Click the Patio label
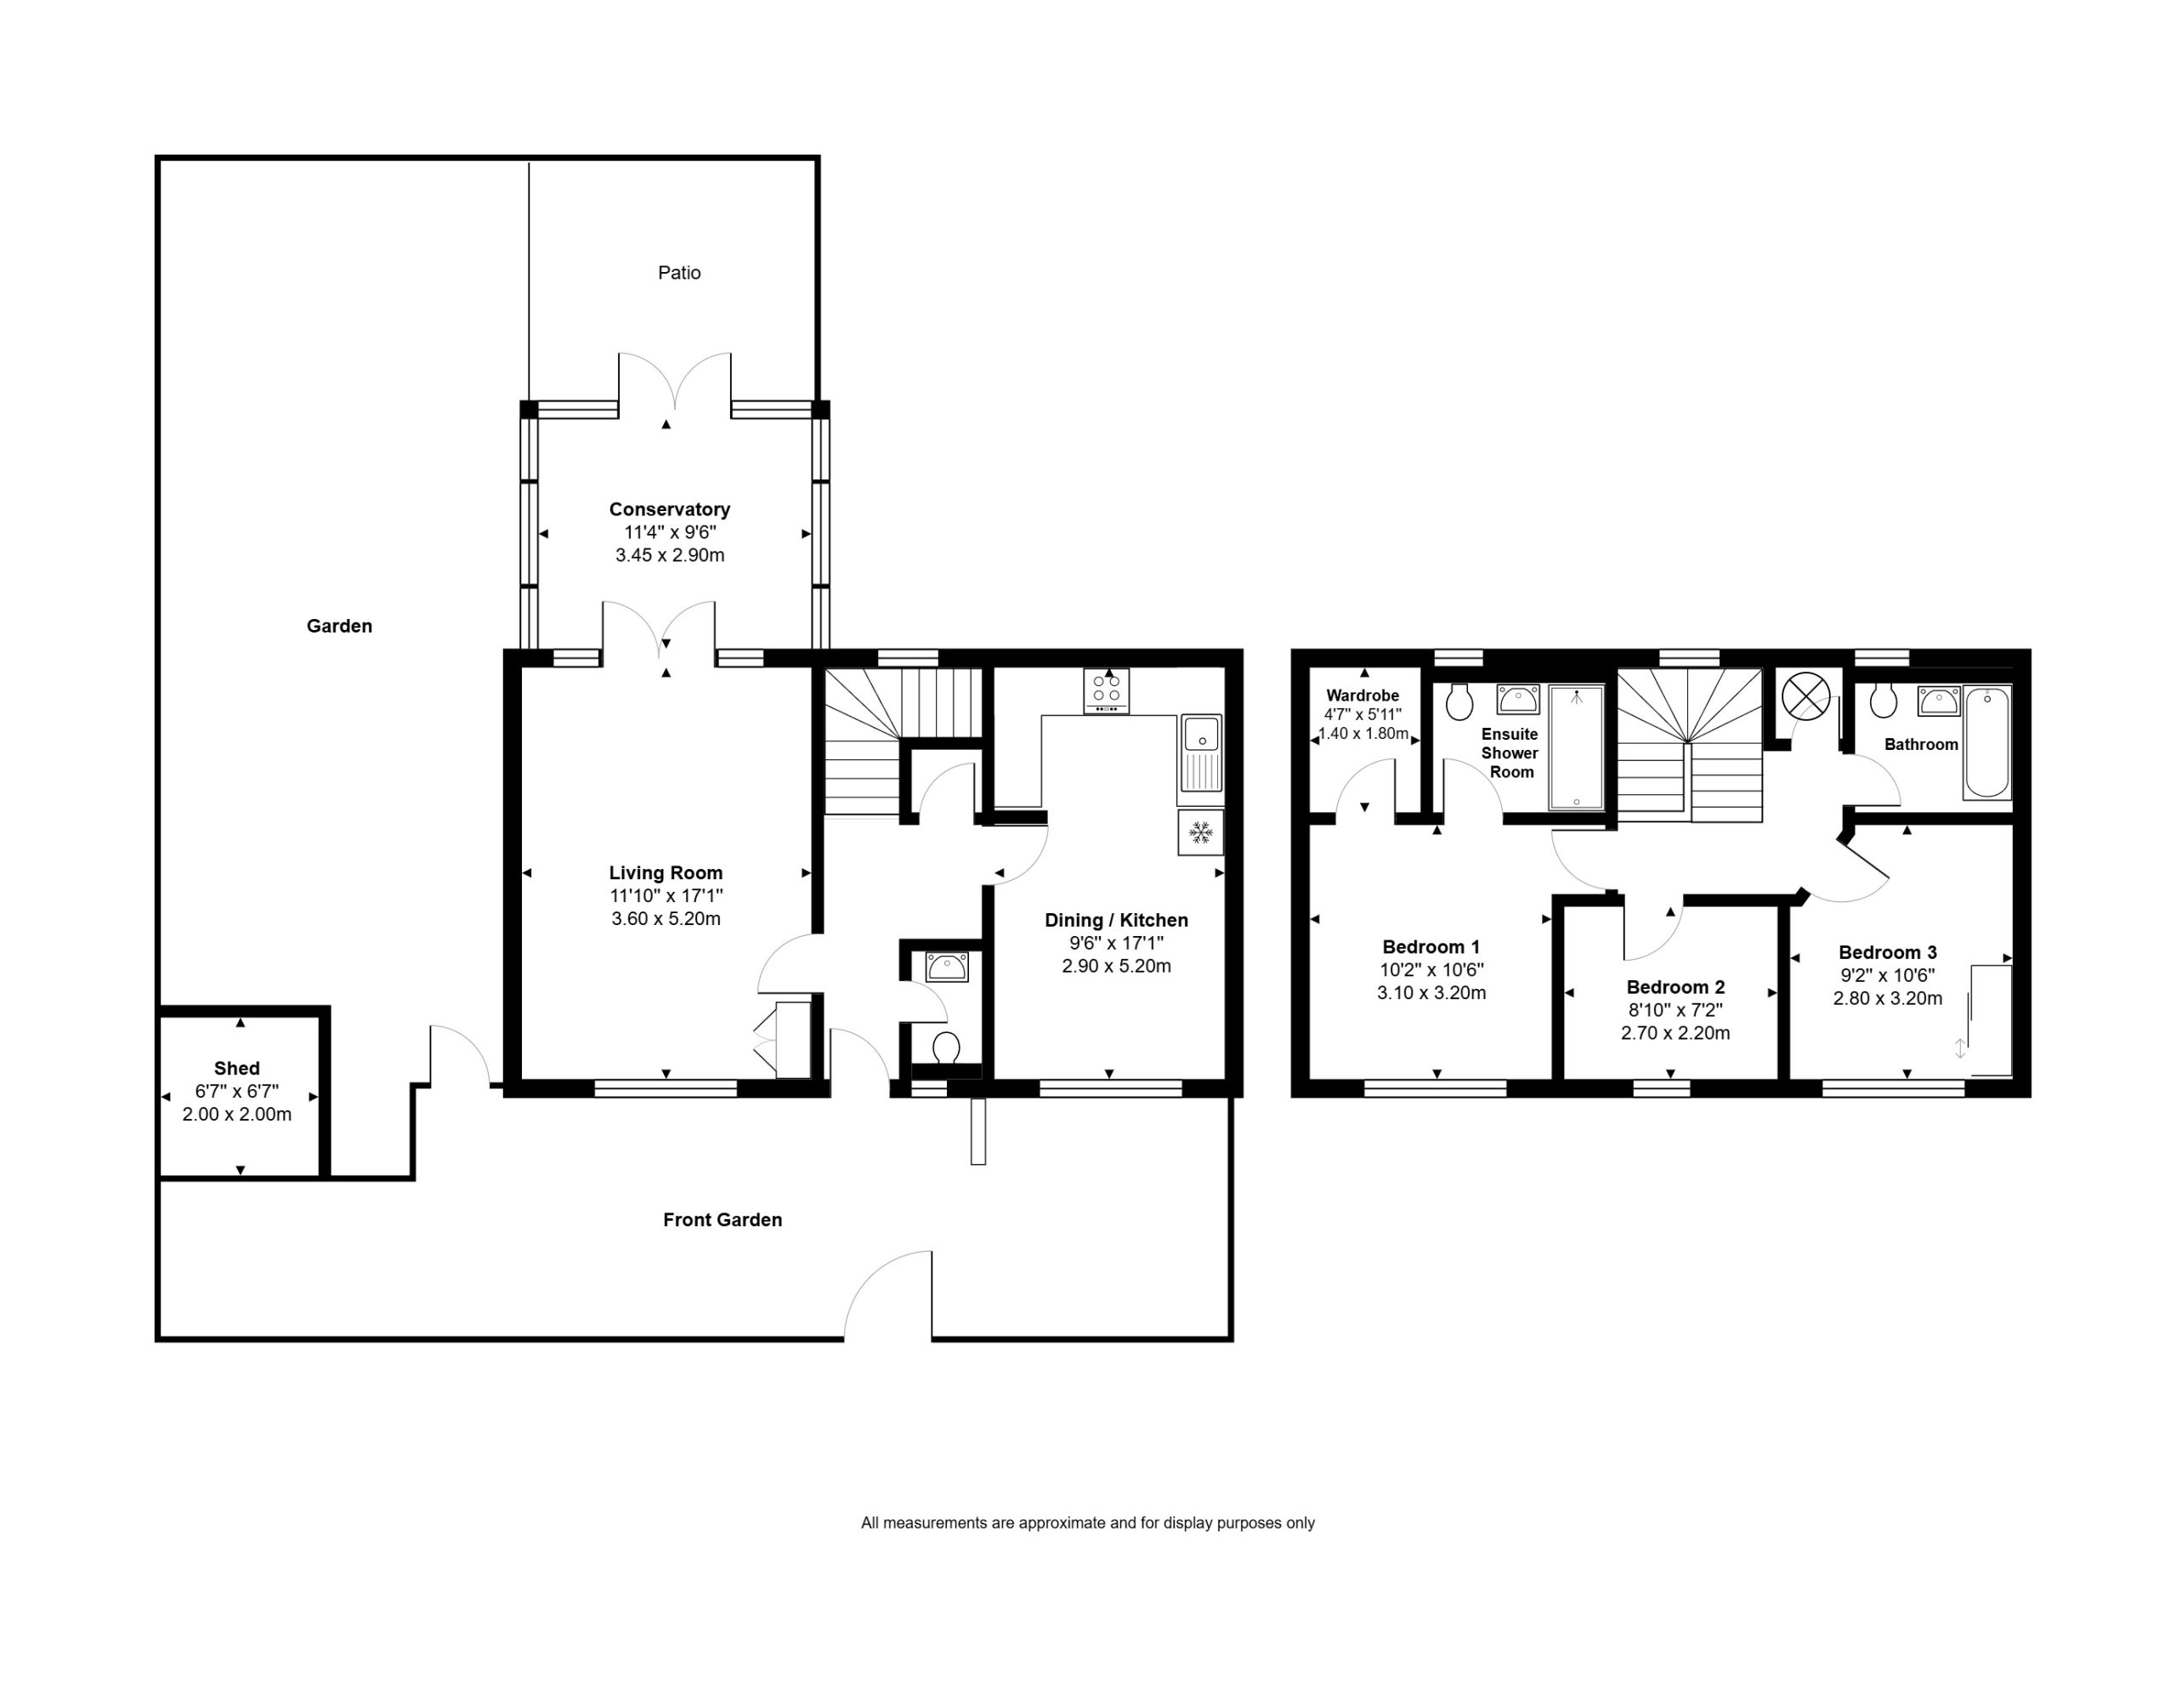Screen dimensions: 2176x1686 click(x=678, y=273)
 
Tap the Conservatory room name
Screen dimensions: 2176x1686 click(x=670, y=509)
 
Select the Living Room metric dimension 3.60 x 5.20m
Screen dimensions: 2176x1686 click(x=666, y=919)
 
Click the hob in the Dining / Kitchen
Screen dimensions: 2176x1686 click(x=1106, y=690)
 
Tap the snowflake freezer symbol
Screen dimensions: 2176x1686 click(x=1200, y=832)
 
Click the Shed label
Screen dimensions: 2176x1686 click(x=236, y=1068)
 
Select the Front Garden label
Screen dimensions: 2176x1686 click(x=722, y=1220)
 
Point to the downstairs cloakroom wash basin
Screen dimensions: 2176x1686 click(x=947, y=967)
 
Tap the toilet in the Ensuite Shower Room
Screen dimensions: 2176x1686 click(x=1459, y=701)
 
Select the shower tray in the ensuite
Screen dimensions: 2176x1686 click(x=1576, y=747)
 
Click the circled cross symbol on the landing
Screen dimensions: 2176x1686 click(x=1805, y=695)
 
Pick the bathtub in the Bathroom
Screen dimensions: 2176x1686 click(x=1987, y=742)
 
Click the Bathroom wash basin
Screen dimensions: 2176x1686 click(x=1939, y=701)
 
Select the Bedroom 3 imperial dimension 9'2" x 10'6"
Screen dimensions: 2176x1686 click(x=1887, y=975)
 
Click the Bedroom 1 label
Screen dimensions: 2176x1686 click(x=1431, y=946)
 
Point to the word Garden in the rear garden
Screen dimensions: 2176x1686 click(x=339, y=626)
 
